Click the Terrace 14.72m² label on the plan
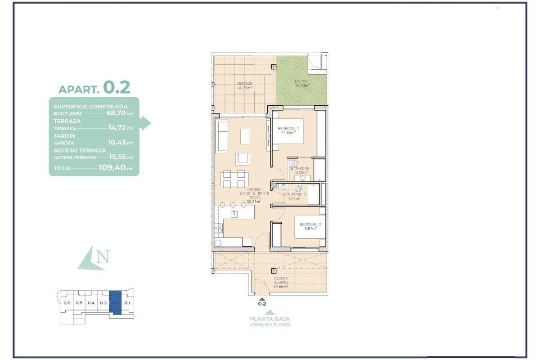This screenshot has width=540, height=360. click(244, 85)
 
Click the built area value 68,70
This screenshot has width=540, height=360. click(116, 113)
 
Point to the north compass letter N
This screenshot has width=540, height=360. click(103, 258)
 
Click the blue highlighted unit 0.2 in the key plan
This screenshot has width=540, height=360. click(116, 303)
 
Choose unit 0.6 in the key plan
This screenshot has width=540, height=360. click(67, 303)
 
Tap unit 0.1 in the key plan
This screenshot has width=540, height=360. click(127, 303)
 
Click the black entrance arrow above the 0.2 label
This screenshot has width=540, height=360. click(262, 297)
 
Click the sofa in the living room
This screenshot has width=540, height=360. click(222, 135)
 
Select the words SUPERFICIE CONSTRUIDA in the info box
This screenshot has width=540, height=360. click(90, 107)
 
